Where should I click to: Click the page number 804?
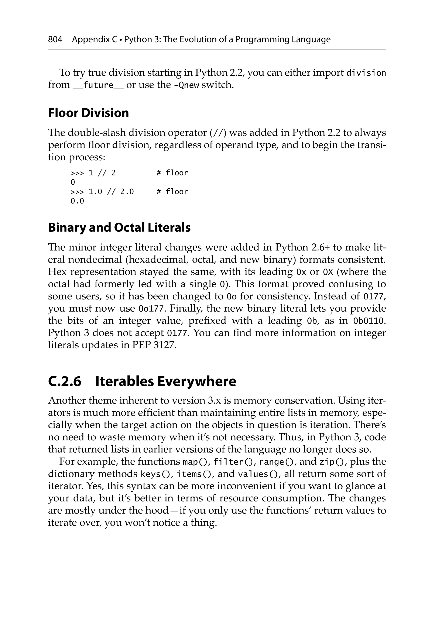(x=55, y=40)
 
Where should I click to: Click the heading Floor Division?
(x=88, y=113)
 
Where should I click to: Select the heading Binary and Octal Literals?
(x=119, y=227)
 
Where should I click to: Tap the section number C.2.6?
(x=65, y=381)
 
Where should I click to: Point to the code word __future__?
(x=98, y=85)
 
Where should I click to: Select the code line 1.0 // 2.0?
(x=111, y=192)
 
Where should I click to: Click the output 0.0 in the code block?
(x=77, y=201)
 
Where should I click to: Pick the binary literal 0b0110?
(x=369, y=321)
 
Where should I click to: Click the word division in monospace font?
(x=366, y=73)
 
